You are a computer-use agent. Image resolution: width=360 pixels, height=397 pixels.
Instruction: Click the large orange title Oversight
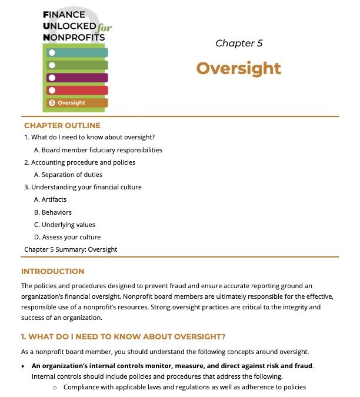click(238, 68)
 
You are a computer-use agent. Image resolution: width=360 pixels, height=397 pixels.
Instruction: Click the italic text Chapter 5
click(239, 43)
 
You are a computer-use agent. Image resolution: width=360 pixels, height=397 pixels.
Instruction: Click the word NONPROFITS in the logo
click(75, 37)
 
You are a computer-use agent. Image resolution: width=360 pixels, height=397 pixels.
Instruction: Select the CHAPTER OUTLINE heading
click(62, 125)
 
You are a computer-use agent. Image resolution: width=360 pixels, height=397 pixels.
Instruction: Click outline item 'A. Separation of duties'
click(68, 175)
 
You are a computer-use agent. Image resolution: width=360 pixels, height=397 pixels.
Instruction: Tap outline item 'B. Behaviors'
click(53, 212)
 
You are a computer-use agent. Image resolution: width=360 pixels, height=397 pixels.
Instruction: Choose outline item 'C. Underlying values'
click(65, 225)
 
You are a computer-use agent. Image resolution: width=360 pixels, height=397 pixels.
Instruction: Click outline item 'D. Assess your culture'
click(67, 237)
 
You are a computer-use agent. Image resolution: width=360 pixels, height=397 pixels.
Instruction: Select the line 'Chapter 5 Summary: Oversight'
click(71, 249)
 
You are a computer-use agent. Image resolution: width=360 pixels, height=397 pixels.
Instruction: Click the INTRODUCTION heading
click(53, 272)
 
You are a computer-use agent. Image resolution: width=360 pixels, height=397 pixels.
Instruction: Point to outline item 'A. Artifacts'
click(51, 199)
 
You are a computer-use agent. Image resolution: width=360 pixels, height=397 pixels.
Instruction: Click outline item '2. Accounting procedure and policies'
click(80, 162)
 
